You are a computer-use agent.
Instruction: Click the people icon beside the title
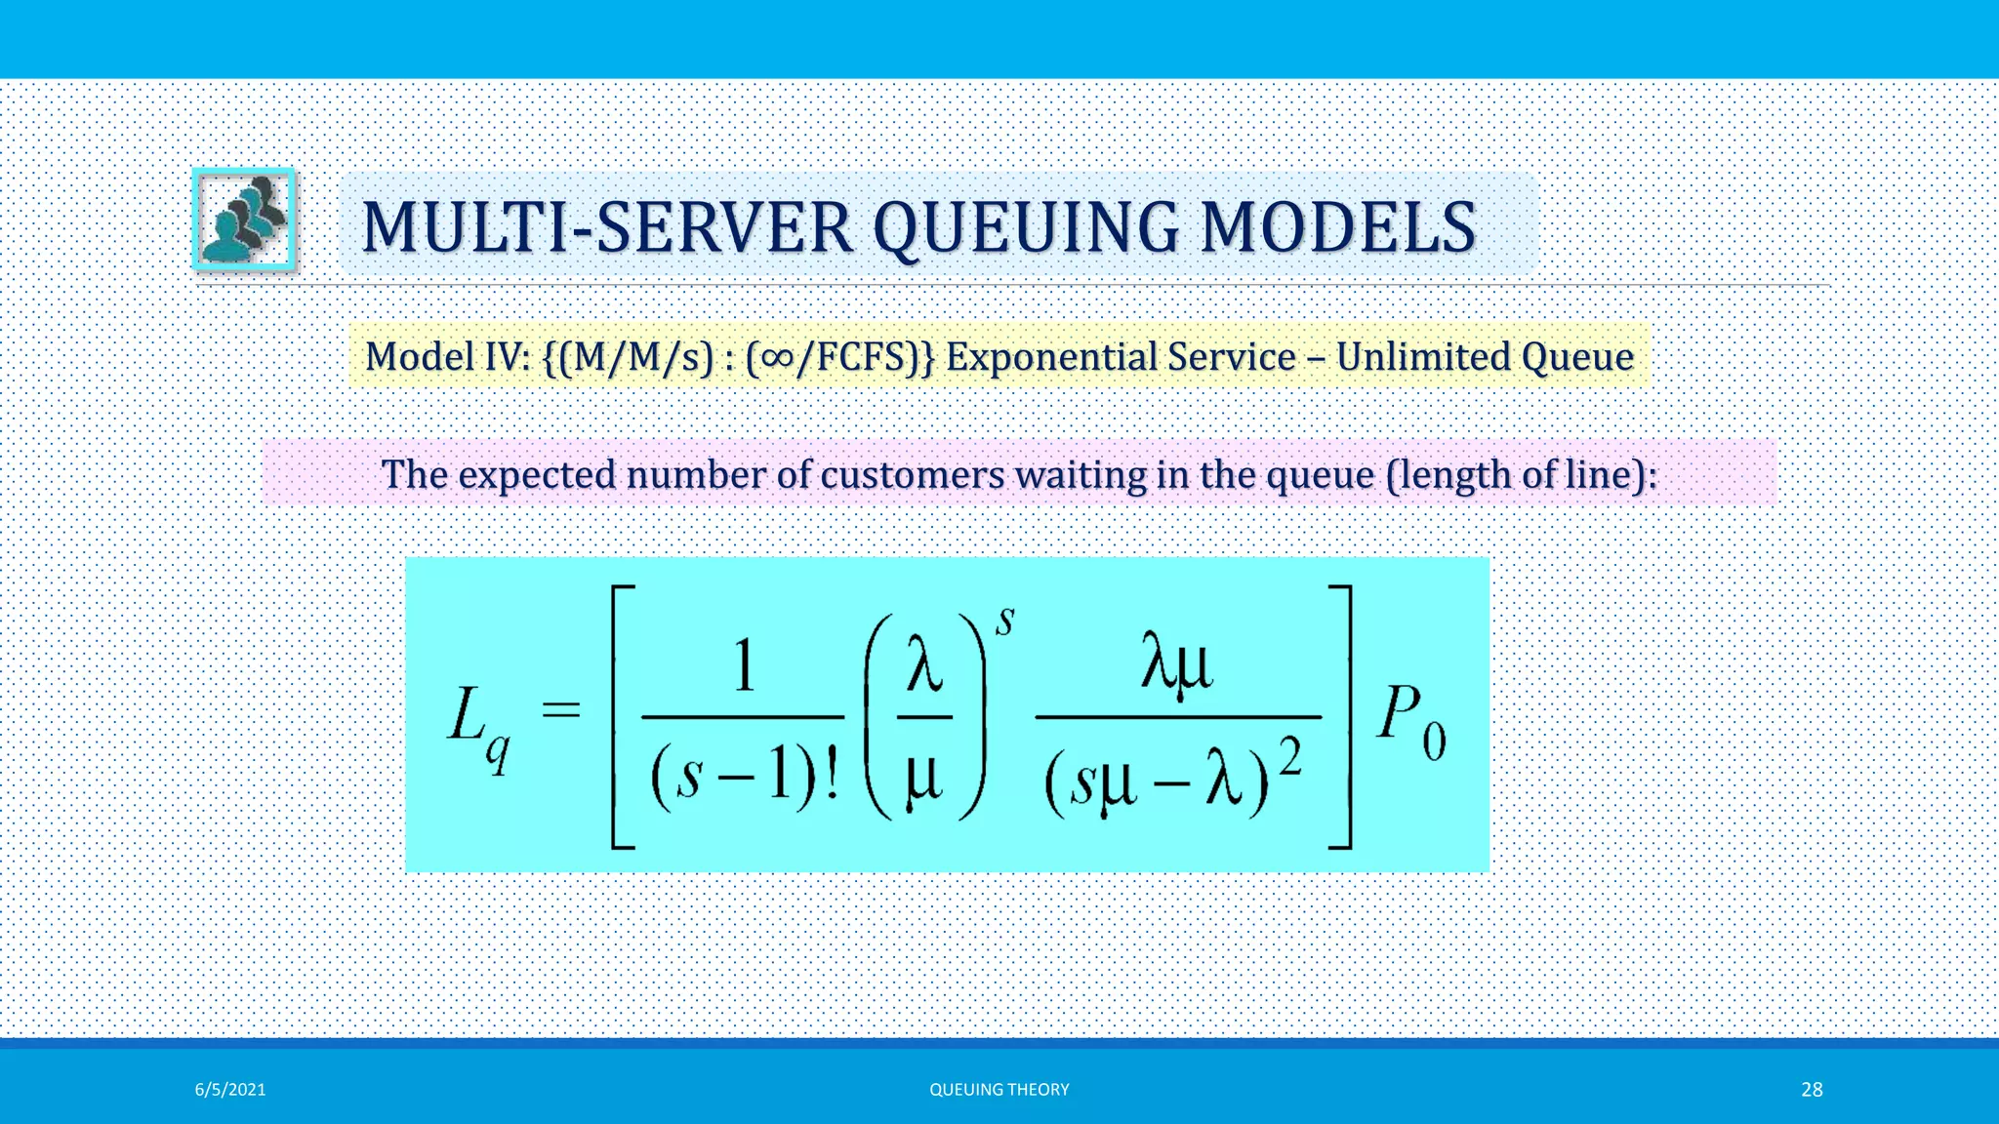[x=244, y=220]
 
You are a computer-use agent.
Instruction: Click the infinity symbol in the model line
[x=778, y=357]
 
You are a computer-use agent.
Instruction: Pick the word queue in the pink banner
[x=1320, y=475]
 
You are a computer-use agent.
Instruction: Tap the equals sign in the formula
[x=561, y=710]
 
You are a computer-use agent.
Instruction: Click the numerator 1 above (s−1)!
[x=744, y=668]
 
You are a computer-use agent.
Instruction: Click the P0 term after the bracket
[x=1410, y=722]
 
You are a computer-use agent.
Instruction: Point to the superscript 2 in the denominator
[x=1290, y=757]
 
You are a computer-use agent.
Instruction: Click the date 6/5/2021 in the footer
[x=230, y=1090]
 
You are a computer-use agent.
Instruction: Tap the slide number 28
[x=1812, y=1090]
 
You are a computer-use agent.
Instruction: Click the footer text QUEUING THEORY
[x=999, y=1090]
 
